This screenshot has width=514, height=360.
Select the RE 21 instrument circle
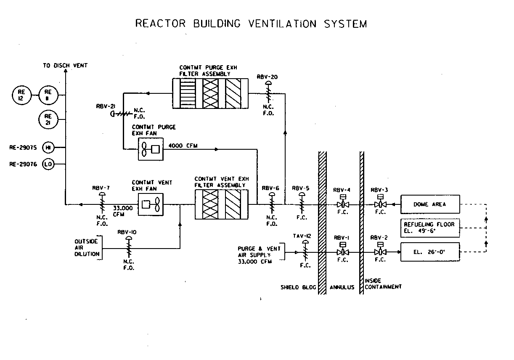[48, 119]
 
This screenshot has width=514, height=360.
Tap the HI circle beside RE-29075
[48, 148]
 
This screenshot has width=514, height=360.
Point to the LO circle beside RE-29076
[48, 164]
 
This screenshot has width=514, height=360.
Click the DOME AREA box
[430, 204]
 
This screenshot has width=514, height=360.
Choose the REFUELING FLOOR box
[430, 228]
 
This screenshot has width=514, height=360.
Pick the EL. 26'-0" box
[430, 252]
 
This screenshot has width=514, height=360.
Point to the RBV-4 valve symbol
[343, 204]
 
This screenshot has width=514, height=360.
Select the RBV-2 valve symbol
[380, 252]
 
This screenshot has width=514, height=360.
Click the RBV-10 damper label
[127, 232]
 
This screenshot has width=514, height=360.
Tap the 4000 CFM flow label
[183, 146]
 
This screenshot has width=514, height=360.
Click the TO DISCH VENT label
[65, 66]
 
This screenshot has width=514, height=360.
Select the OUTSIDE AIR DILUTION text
[87, 248]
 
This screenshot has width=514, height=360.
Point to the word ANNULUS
[342, 287]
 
